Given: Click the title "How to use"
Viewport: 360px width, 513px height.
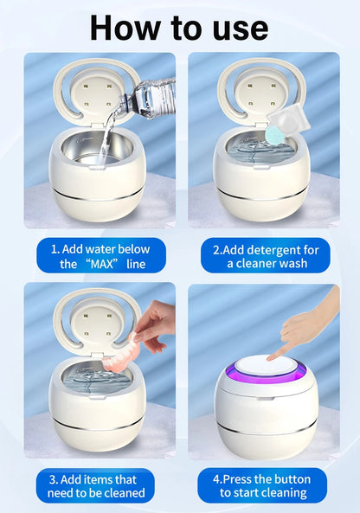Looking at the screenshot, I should [179, 27].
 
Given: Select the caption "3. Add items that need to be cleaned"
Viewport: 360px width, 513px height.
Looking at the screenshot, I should [96, 485].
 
